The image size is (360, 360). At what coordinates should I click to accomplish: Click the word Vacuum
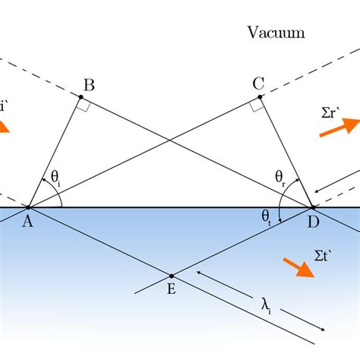pos(276,33)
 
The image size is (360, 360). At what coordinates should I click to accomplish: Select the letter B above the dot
pos(89,85)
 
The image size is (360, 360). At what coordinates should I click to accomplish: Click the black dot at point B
pos(81,97)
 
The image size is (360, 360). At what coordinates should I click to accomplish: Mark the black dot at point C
pos(261,97)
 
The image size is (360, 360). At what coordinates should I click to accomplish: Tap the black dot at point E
pos(171,276)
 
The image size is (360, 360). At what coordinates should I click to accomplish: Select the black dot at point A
pos(28,207)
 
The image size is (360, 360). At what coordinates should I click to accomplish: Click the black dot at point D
pos(312,207)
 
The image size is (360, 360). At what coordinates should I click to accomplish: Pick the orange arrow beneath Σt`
pos(298,267)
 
